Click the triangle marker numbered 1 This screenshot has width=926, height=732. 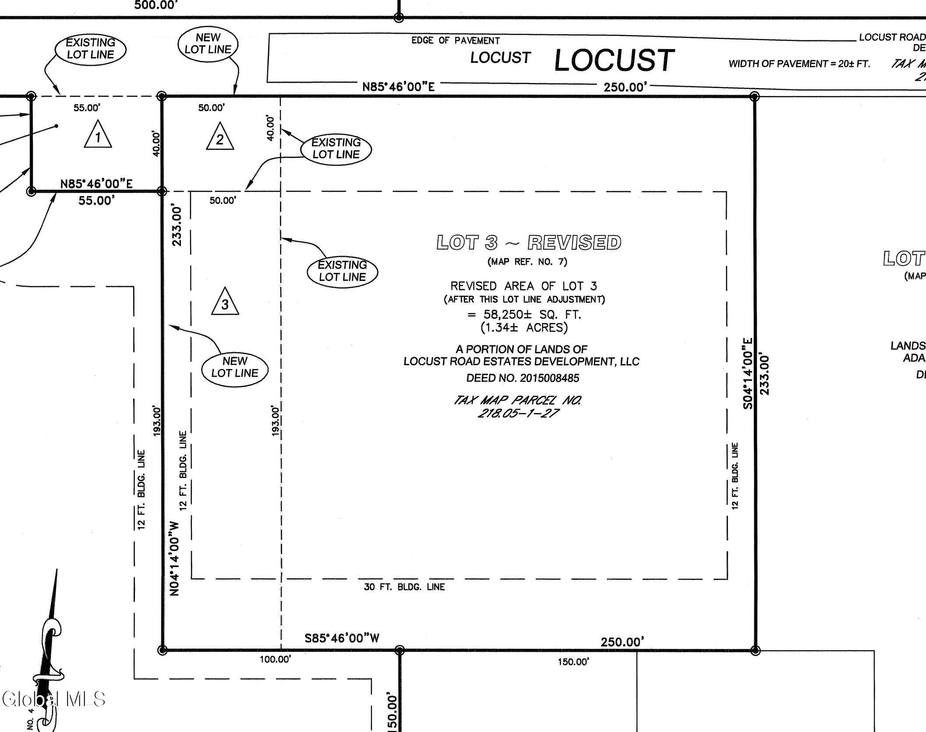(98, 134)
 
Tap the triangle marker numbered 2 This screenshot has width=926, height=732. (220, 136)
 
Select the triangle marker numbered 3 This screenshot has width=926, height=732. (225, 301)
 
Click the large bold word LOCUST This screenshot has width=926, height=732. (614, 60)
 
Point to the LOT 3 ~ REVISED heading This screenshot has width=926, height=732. (529, 242)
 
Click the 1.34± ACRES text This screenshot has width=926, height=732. (524, 327)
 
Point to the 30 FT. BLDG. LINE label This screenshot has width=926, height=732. (404, 587)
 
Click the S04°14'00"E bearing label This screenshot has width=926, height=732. (748, 373)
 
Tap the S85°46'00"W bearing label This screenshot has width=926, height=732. (342, 638)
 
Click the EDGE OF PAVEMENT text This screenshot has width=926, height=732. (456, 41)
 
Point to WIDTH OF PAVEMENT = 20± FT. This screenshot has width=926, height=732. (799, 64)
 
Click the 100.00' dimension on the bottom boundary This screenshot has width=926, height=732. (276, 659)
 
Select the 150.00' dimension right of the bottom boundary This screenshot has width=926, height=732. (573, 662)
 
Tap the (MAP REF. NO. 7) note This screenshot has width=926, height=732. (527, 262)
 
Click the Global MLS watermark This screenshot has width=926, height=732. (54, 699)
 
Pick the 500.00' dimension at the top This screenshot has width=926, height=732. (156, 5)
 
